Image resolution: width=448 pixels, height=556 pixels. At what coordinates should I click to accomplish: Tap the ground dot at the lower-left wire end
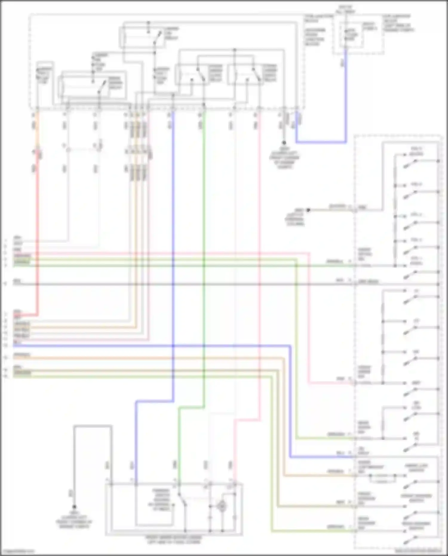coord(74,507)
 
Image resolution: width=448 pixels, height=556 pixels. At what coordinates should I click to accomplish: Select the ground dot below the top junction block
coord(284,143)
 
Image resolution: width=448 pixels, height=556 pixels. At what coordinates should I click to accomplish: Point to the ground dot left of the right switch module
coord(308,210)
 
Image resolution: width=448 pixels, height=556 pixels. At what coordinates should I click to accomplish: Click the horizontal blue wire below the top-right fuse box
coord(321,142)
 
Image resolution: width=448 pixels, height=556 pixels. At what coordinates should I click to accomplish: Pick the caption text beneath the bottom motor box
coord(174,539)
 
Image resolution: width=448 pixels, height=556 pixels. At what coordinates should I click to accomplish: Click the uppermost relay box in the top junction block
coord(142,37)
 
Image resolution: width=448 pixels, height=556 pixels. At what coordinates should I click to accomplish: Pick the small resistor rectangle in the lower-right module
coord(382,481)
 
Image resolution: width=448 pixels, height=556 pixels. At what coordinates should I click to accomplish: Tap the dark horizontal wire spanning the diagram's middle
coord(179,284)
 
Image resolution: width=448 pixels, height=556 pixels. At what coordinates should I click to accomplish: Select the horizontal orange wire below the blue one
coord(149,358)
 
